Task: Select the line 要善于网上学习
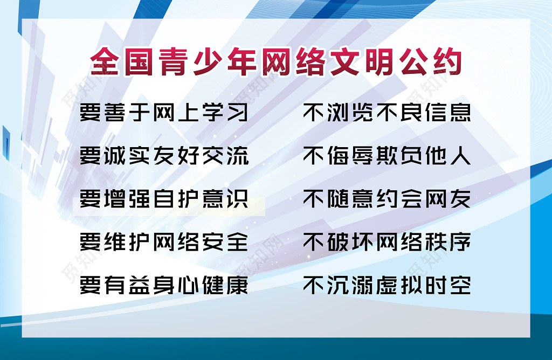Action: click(x=164, y=113)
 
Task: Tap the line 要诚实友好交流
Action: click(x=164, y=156)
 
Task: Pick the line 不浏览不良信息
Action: click(x=387, y=113)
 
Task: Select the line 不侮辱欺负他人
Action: click(x=387, y=156)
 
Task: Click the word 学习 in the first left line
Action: click(x=225, y=113)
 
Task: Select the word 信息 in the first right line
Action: click(x=448, y=113)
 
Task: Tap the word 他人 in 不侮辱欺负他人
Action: click(x=448, y=156)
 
